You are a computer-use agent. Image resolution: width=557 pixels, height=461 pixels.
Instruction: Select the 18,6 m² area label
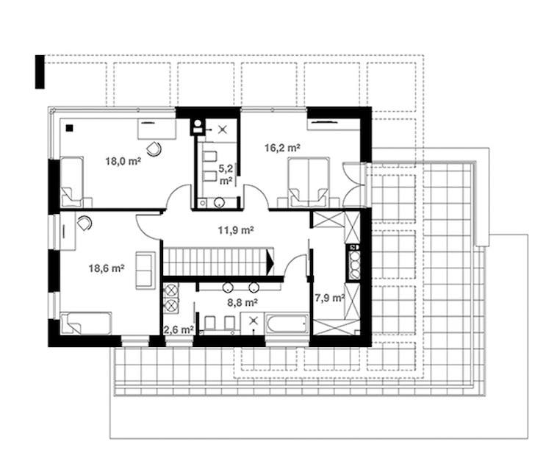[x=107, y=268]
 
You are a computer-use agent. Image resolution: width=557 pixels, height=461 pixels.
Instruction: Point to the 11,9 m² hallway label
[x=236, y=230]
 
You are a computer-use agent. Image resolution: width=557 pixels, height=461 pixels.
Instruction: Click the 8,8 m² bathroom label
[x=242, y=302]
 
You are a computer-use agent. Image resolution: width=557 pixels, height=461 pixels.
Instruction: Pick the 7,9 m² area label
[x=330, y=298]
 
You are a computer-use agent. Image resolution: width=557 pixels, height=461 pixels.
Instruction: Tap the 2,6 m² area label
[x=179, y=330]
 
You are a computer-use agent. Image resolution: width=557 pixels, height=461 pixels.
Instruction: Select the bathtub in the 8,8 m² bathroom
[x=287, y=324]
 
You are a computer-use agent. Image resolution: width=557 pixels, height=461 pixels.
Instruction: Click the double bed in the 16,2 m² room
[x=309, y=182]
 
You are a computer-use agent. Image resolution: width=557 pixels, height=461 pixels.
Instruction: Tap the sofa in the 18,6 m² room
[x=145, y=270]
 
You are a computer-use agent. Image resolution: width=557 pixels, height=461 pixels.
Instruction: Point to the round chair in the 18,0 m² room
[x=154, y=149]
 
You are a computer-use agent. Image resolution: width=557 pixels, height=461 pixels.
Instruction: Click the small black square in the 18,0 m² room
[x=70, y=128]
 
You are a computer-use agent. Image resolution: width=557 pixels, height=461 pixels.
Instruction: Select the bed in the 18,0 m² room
[x=72, y=182]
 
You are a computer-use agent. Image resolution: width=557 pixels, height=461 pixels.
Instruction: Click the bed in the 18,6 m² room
[x=86, y=323]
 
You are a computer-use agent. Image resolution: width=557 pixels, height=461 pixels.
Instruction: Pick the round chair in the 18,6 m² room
[x=85, y=224]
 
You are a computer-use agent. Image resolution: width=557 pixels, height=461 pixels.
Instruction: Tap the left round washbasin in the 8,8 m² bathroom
[x=227, y=287]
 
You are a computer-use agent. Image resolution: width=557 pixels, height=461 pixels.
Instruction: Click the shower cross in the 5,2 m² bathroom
[x=223, y=129]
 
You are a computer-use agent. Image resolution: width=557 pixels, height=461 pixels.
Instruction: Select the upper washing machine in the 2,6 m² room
[x=171, y=290]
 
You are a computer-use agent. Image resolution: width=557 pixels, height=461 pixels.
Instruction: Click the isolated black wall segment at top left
[x=40, y=71]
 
